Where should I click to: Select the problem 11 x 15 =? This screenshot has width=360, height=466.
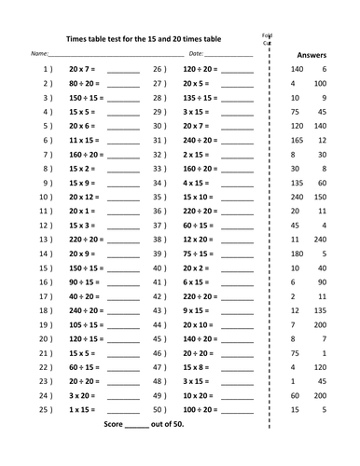pos(86,139)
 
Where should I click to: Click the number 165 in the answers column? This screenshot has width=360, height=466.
pos(298,139)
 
